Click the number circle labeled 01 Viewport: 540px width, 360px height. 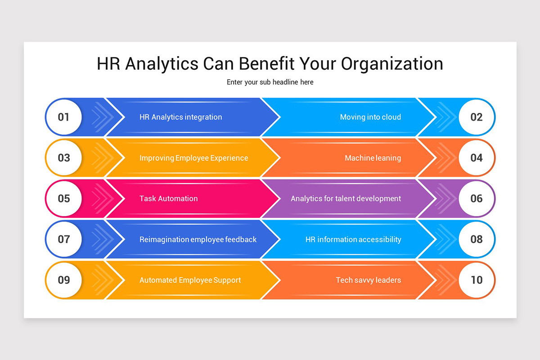[x=64, y=117]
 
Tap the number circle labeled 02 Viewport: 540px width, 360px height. [x=477, y=117]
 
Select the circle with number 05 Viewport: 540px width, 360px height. [x=64, y=198]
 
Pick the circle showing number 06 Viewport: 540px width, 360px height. [x=477, y=198]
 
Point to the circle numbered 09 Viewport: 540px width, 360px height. [x=64, y=280]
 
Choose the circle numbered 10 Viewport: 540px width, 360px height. [x=477, y=280]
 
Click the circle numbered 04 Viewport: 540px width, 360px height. [x=477, y=158]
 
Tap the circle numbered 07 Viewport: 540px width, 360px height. [x=64, y=239]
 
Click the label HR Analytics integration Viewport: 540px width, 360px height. [x=180, y=117]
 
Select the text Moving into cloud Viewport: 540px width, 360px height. [x=370, y=117]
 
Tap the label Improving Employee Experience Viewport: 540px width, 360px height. [x=193, y=158]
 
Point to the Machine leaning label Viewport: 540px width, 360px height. [x=373, y=158]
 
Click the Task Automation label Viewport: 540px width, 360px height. [x=168, y=198]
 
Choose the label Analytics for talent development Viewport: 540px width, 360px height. [x=346, y=198]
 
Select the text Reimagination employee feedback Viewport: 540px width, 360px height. [x=198, y=239]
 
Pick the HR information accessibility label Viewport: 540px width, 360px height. [x=353, y=239]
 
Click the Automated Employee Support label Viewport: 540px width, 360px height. [x=190, y=280]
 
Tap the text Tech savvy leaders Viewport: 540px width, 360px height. [x=368, y=280]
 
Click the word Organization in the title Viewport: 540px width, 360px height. [x=392, y=64]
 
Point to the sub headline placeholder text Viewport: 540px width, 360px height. [x=270, y=82]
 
